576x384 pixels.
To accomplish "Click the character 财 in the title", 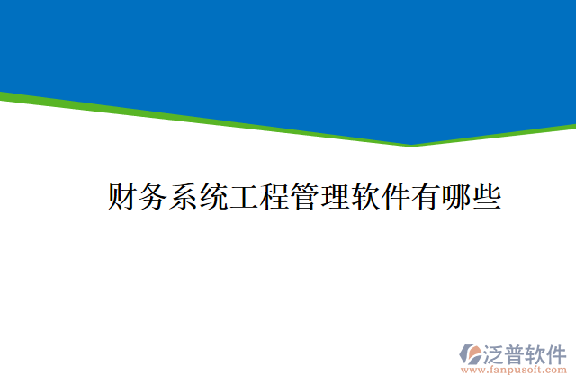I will (x=122, y=196).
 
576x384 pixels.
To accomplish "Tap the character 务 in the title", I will (x=152, y=196).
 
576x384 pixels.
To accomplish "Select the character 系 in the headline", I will (x=183, y=196).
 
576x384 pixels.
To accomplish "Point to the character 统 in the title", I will (x=213, y=196).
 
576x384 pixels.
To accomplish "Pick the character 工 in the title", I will (x=244, y=196).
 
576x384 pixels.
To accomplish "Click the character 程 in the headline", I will (x=274, y=196).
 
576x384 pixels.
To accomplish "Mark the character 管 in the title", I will (x=304, y=196).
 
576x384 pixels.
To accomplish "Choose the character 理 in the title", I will (x=335, y=196).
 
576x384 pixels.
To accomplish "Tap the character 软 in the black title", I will (x=365, y=196).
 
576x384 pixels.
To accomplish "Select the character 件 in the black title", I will (x=396, y=196).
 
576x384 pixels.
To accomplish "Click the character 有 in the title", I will (x=427, y=196).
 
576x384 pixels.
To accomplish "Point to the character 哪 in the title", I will (x=456, y=196).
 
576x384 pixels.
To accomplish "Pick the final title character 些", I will (x=487, y=196).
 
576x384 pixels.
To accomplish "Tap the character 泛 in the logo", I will (x=495, y=352).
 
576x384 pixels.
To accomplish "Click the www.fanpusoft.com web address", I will (x=514, y=369).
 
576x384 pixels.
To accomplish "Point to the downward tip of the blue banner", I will (x=411, y=145).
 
